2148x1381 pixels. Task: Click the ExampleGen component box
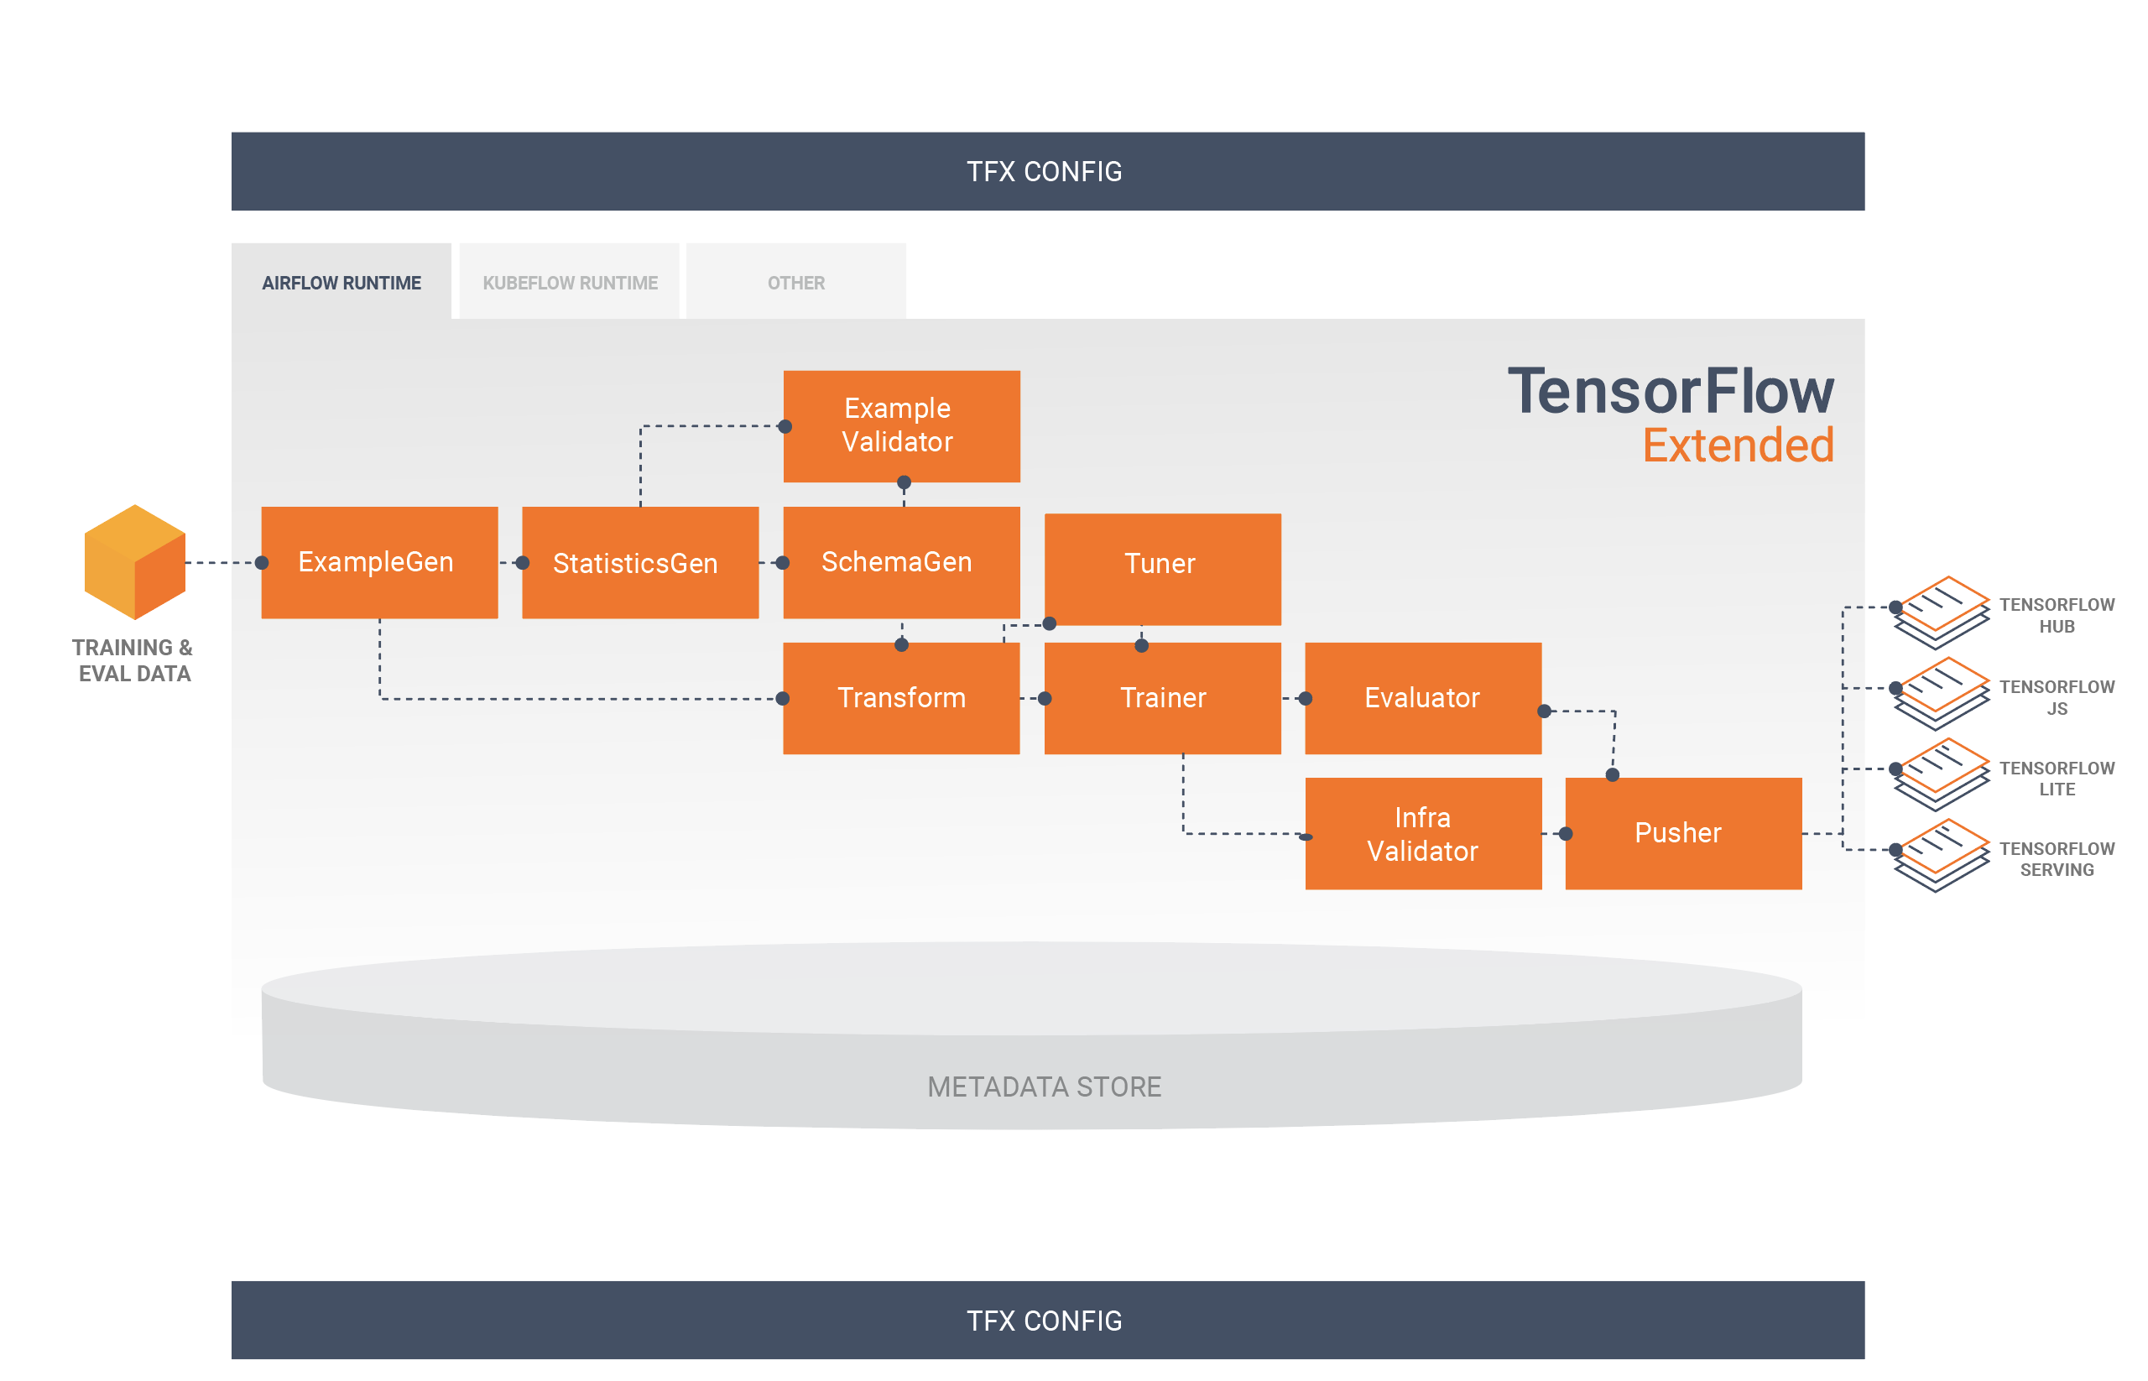click(378, 562)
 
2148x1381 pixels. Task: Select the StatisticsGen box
click(639, 562)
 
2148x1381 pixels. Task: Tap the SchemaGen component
click(900, 562)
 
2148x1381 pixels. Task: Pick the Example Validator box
click(900, 426)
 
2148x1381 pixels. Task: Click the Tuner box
click(1161, 569)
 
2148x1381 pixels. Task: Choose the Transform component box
click(900, 698)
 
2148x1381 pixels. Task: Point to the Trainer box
click(1161, 698)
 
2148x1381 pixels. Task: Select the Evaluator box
click(1422, 698)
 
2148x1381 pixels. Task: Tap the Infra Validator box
click(1422, 833)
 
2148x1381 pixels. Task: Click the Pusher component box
click(1682, 833)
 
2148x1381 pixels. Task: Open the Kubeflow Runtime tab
click(570, 283)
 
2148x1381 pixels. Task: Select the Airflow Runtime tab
click(341, 283)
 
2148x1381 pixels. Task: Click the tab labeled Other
click(795, 283)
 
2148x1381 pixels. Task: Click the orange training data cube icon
click(134, 561)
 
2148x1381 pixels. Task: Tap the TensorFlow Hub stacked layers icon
click(1940, 612)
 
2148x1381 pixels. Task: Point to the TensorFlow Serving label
click(2056, 859)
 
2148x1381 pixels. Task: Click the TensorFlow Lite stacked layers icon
click(1940, 774)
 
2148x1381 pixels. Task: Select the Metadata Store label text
click(1043, 1086)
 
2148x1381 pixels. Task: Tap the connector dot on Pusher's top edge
click(1612, 774)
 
